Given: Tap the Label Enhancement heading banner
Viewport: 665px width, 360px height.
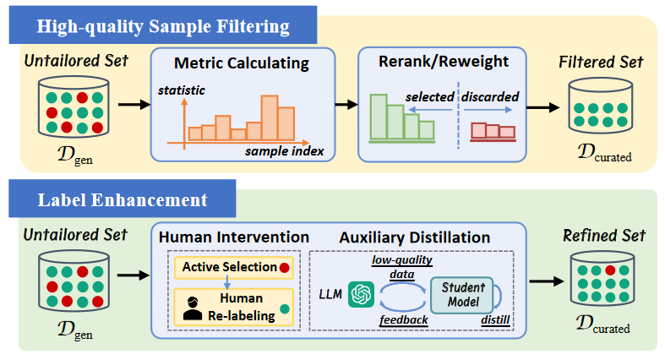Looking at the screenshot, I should (x=123, y=200).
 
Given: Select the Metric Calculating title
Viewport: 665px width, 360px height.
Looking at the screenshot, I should (x=242, y=63).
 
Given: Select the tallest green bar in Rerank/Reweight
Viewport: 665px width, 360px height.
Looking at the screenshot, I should (x=377, y=116).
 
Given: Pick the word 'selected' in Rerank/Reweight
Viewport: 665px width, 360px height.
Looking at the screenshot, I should (x=429, y=96).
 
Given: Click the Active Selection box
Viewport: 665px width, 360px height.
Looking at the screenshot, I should (x=231, y=267).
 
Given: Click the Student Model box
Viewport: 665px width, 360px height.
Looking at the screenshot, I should (x=457, y=294).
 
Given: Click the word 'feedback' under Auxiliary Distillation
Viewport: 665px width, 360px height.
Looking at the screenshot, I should (x=405, y=321).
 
